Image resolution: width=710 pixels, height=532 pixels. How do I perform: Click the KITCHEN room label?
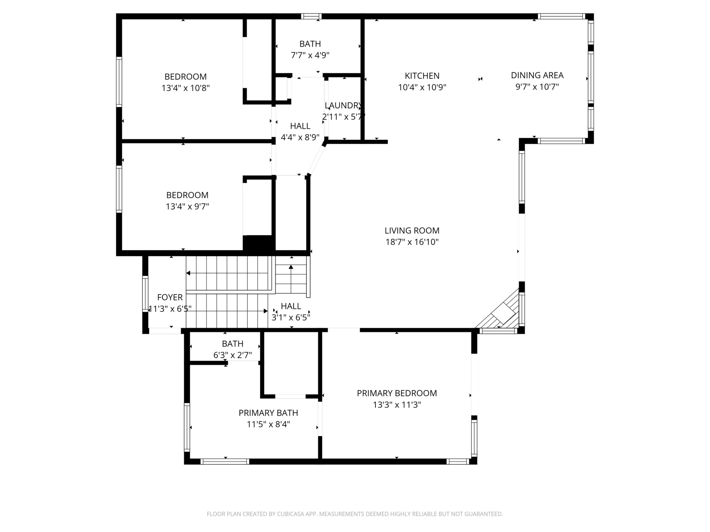pos(422,76)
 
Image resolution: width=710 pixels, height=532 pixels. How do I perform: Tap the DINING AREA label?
pos(537,75)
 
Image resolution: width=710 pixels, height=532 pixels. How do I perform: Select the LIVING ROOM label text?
pos(412,230)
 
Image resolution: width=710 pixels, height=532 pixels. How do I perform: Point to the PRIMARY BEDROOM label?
pos(397,393)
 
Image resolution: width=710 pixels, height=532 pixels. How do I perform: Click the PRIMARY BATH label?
pos(268,413)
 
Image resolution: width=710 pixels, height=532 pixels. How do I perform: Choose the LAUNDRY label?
pos(343,105)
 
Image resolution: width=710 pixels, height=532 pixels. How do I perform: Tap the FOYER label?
pos(170,297)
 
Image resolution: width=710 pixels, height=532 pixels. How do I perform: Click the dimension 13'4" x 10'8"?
pos(185,88)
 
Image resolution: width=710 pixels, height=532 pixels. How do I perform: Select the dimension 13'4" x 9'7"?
pos(187,206)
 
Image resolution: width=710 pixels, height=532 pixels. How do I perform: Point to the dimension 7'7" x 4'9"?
pos(310,55)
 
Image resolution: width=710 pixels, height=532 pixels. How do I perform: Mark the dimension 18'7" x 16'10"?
pos(412,242)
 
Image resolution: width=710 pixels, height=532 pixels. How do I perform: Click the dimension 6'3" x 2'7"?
pos(232,355)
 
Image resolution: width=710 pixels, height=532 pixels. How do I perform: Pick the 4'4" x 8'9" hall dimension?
pos(300,137)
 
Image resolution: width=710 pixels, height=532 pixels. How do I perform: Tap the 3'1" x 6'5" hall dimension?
pos(291,317)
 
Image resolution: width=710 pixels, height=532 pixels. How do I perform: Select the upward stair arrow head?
pos(291,267)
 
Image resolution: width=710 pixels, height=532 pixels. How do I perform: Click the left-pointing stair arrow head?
pos(188,273)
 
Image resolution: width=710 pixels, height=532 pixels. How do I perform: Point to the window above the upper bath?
pos(311,16)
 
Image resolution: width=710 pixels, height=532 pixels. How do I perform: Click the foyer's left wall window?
pos(145,294)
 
